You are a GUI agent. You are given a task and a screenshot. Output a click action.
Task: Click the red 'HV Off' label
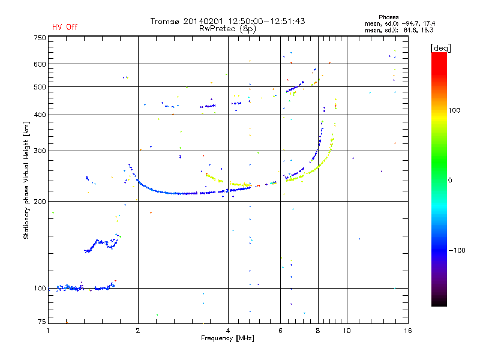[64, 27]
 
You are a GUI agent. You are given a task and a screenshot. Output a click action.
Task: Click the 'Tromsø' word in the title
[167, 21]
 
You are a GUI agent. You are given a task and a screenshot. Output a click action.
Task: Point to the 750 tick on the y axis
[40, 38]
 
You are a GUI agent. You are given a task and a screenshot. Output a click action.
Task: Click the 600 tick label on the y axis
[40, 64]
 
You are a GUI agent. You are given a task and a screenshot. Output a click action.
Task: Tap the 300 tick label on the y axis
[40, 151]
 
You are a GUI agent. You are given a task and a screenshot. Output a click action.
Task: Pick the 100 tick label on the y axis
[40, 289]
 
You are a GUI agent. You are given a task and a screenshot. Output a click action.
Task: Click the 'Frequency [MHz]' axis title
[227, 339]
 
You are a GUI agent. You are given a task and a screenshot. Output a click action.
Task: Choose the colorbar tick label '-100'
[456, 250]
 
